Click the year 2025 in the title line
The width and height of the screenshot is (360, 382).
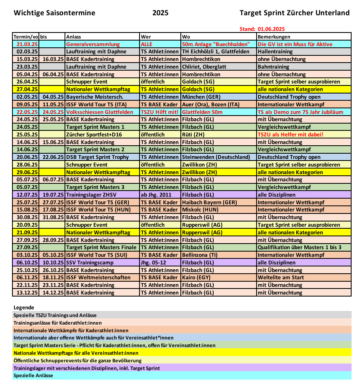160,13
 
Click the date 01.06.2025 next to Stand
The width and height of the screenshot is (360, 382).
271,29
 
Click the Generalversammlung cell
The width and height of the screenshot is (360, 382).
93,44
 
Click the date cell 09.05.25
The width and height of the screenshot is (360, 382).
27,104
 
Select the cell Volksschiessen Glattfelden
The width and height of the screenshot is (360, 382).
99,112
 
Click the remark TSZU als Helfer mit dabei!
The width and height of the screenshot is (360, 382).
290,134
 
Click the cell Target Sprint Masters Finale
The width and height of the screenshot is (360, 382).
101,247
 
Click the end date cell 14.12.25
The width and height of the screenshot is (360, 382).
53,293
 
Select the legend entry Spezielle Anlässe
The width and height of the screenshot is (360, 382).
33,376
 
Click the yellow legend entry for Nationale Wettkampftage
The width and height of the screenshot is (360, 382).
76,353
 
